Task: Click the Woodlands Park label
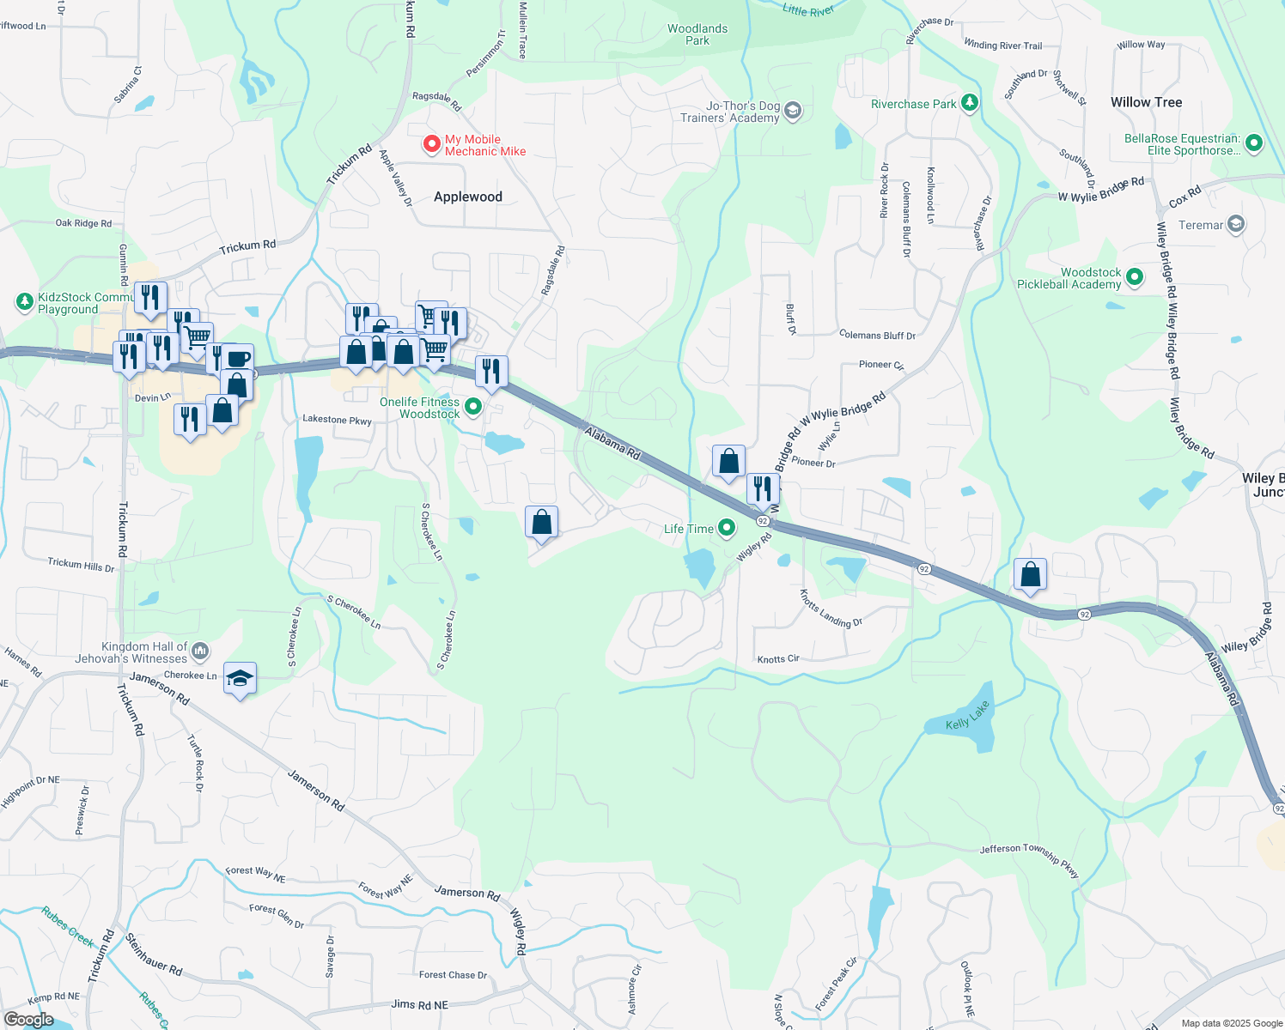[x=697, y=34]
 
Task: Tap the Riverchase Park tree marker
[x=970, y=104]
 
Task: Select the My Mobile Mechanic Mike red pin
[x=432, y=144]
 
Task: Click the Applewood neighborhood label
[x=467, y=197]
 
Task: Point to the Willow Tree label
[x=1146, y=102]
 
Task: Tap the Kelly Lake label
[x=967, y=716]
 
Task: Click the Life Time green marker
[x=727, y=528]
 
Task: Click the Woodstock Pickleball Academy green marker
[x=1135, y=277]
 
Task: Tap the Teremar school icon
[x=1235, y=225]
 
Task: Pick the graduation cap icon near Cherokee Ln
[x=240, y=679]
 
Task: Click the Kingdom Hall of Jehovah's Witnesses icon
[x=200, y=651]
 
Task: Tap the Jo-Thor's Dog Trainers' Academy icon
[x=793, y=111]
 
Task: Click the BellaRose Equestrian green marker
[x=1253, y=143]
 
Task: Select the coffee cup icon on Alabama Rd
[x=238, y=359]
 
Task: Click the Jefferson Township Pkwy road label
[x=1029, y=857]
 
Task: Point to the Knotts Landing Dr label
[x=830, y=609]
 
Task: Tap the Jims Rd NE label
[x=419, y=1004]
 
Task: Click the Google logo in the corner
[x=28, y=1020]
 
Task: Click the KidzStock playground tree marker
[x=24, y=302]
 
